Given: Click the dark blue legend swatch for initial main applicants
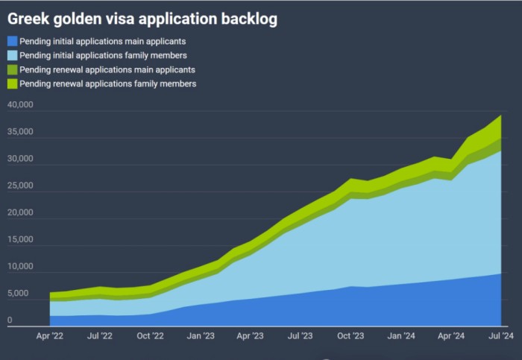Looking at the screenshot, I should point(11,41).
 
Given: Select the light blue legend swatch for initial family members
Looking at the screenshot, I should point(11,55).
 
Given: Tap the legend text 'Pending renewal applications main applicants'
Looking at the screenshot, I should point(107,69).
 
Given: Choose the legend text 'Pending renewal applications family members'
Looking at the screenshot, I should point(108,83).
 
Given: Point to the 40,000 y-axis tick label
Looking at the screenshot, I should point(20,106).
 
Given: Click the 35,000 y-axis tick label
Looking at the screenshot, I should point(20,133).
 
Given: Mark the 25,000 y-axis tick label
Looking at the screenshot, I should point(20,186).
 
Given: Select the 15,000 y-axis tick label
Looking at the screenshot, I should point(20,240).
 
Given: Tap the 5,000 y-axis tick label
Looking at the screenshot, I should point(20,294).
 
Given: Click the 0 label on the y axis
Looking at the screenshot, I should point(10,320).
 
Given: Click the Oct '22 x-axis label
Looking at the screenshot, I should point(150,336).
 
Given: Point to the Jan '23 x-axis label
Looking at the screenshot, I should point(201,336).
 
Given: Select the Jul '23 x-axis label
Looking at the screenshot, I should point(299,336).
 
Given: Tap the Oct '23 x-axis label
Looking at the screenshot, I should point(350,336).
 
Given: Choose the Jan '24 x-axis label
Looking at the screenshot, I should point(400,336).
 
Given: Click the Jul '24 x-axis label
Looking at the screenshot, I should point(500,336).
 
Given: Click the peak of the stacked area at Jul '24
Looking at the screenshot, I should point(500,116).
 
